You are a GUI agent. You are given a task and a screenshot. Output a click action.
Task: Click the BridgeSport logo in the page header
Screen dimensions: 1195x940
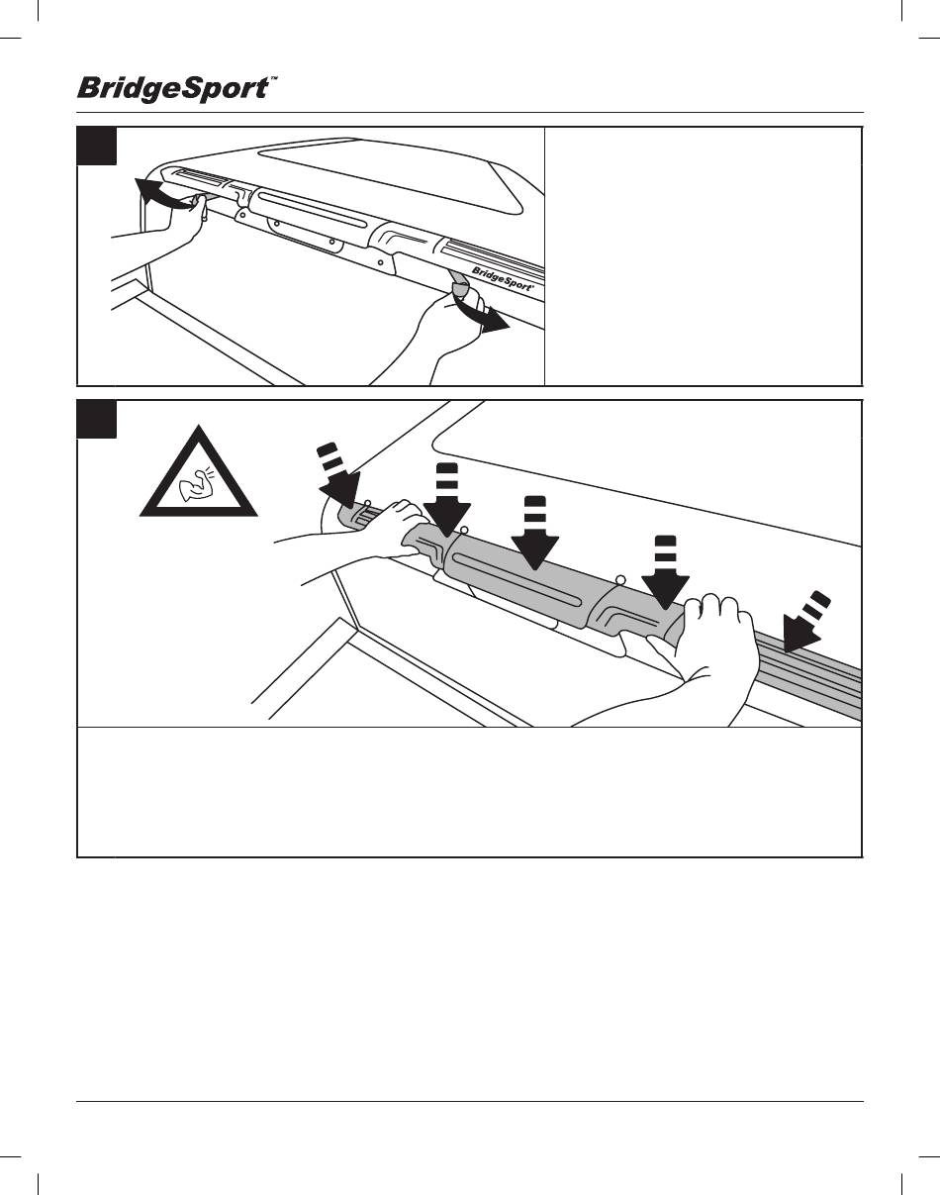[171, 89]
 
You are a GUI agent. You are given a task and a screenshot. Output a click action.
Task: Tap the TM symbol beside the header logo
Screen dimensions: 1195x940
[272, 83]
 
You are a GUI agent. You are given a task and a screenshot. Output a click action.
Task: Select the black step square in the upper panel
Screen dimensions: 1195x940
[97, 146]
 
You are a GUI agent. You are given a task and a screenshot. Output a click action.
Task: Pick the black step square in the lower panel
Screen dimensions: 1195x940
[97, 419]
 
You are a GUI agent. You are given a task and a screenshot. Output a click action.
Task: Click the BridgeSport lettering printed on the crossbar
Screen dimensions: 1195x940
[504, 279]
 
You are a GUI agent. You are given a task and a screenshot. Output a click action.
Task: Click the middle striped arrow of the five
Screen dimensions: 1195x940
[535, 534]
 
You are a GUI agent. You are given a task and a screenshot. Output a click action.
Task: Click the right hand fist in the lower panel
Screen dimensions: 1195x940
[708, 645]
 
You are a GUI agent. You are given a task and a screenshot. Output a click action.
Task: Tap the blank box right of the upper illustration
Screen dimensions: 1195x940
[704, 255]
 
